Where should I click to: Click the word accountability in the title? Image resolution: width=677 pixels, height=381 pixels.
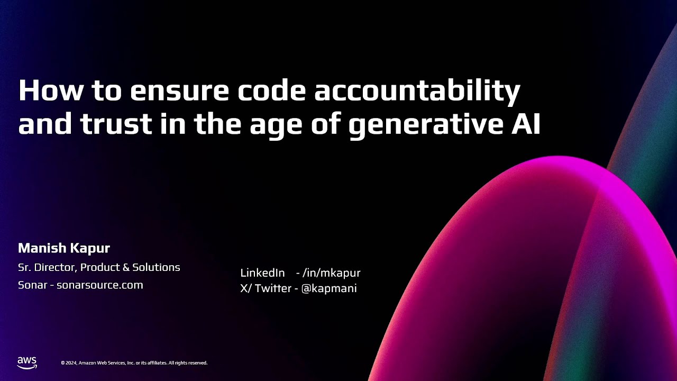(x=417, y=91)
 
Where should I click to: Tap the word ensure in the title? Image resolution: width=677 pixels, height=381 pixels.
(x=179, y=91)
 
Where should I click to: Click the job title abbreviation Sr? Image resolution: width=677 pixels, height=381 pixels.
(x=24, y=267)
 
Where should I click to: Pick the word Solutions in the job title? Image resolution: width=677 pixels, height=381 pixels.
(x=156, y=267)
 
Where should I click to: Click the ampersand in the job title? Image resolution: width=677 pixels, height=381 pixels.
(x=126, y=267)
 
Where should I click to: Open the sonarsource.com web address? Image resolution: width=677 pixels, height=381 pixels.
(x=100, y=285)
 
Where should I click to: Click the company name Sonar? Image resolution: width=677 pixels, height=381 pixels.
(x=32, y=285)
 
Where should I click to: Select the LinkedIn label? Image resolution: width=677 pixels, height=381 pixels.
(x=262, y=273)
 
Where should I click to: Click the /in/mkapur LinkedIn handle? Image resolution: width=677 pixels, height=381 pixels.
(x=331, y=273)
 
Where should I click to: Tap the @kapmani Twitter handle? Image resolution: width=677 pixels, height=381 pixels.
(x=329, y=288)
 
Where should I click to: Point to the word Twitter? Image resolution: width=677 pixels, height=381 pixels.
(x=273, y=288)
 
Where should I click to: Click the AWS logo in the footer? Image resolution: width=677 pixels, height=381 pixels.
(x=27, y=362)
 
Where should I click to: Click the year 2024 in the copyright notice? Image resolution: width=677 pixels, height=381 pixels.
(x=71, y=363)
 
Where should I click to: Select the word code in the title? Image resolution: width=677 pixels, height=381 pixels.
(x=271, y=91)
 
